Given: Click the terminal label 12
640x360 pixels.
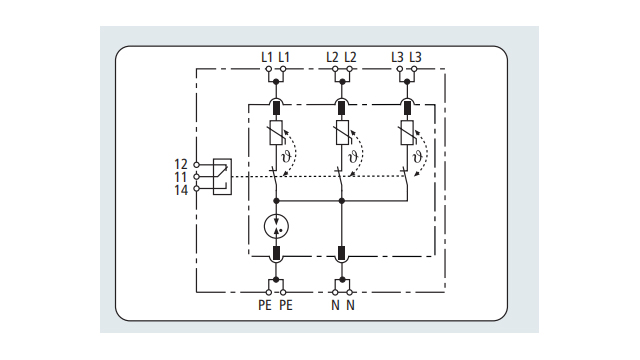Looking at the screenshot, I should coord(181,163).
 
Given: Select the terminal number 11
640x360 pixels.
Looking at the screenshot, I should coord(181,176).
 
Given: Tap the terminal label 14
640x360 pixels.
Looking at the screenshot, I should coord(181,189).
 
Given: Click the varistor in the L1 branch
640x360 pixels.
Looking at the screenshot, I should coord(276,133).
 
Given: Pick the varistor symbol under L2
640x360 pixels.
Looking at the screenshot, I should coord(341,133).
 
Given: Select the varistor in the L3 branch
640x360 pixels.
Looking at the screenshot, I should coord(406,133).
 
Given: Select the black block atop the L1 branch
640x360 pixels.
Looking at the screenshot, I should coord(276,107).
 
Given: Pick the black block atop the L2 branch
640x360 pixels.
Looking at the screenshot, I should coord(341,107).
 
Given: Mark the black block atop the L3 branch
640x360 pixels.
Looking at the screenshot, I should coord(406,107).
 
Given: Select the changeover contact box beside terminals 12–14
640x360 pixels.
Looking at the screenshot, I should coord(221,175).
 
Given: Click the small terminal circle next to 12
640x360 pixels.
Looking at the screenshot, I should coord(197,163).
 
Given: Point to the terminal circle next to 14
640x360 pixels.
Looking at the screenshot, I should coord(197,188).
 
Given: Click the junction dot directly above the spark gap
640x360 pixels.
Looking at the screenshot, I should coord(276,201).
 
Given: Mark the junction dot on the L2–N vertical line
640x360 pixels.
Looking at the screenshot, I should coord(341,201).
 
